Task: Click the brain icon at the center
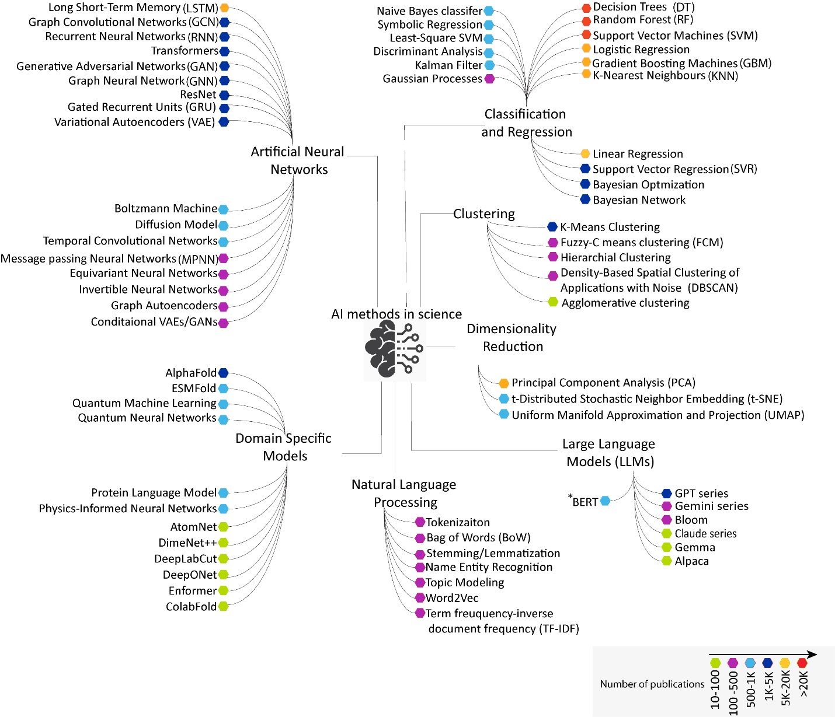click(x=394, y=349)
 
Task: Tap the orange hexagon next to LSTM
click(x=224, y=8)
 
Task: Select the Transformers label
click(x=184, y=51)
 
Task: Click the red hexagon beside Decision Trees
click(x=586, y=8)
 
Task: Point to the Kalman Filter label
click(x=448, y=65)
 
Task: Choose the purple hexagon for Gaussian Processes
click(x=489, y=79)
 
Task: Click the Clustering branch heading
click(x=484, y=214)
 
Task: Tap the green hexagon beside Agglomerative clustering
click(x=553, y=302)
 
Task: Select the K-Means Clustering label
click(x=610, y=227)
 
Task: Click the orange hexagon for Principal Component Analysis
click(x=504, y=383)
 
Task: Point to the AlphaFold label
click(x=191, y=373)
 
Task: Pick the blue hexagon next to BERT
click(x=606, y=501)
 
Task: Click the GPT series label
click(x=701, y=494)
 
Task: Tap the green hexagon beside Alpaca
click(x=667, y=561)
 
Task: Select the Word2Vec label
click(x=452, y=598)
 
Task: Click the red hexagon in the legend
click(x=802, y=663)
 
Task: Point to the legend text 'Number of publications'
click(x=652, y=684)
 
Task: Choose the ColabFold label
click(x=191, y=607)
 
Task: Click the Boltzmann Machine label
click(x=166, y=209)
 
